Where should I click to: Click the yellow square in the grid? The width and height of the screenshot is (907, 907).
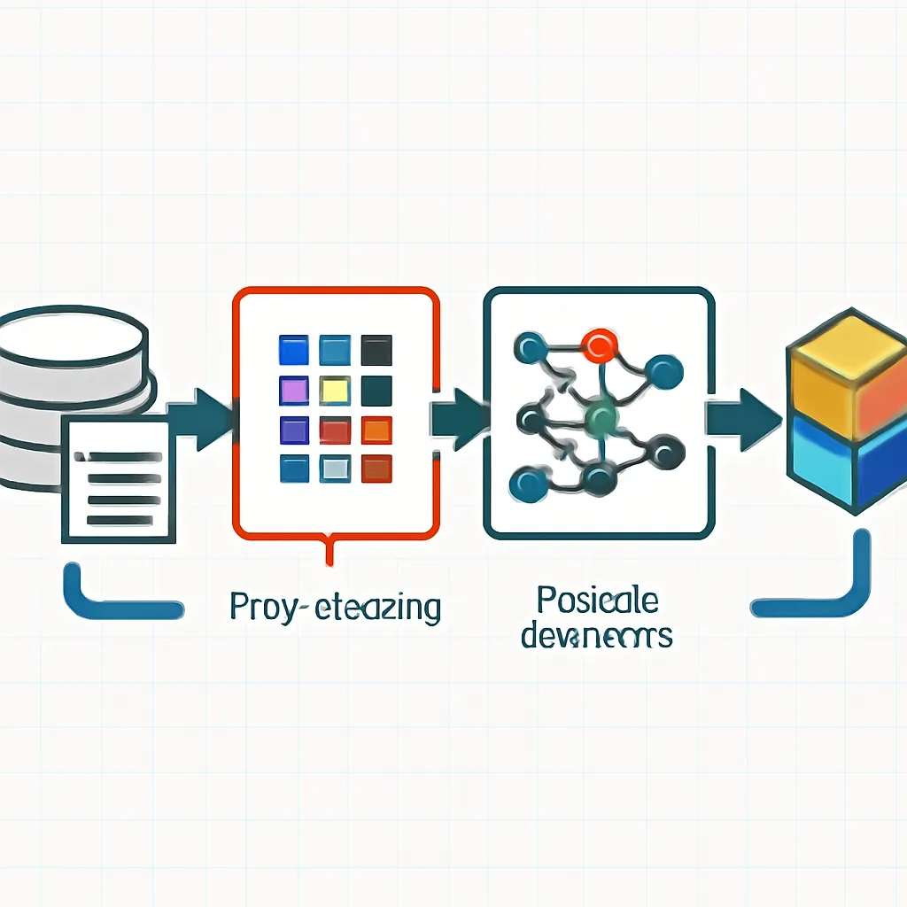(x=335, y=390)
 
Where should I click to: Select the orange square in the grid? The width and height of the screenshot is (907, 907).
(x=376, y=430)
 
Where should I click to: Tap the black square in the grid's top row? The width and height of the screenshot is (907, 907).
(x=376, y=350)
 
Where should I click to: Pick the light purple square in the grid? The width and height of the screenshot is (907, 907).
(x=293, y=390)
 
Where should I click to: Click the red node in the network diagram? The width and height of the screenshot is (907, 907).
(x=600, y=342)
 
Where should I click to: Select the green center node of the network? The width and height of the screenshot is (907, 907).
(x=601, y=415)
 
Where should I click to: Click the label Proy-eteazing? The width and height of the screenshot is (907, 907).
(x=334, y=609)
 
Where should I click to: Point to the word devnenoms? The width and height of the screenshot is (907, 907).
(x=595, y=635)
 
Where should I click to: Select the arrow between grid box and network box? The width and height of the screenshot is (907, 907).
(x=459, y=415)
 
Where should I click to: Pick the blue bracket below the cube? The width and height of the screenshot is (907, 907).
(x=819, y=593)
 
